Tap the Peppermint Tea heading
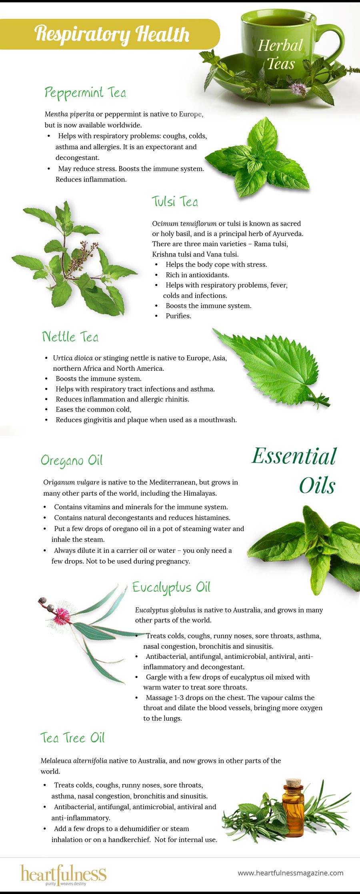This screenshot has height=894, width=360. point(85,93)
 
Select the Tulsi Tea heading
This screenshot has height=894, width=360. point(175,202)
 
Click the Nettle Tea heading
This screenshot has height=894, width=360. point(70,336)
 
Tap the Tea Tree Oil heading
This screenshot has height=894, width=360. point(72,738)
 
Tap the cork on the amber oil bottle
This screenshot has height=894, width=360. point(294,782)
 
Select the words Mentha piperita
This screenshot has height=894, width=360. point(70,114)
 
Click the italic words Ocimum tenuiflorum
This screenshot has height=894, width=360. point(184,224)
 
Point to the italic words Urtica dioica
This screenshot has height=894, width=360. point(73,358)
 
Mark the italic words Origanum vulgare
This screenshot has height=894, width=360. point(71,482)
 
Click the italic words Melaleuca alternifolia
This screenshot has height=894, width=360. point(74,761)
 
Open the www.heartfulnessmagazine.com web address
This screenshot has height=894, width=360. point(290,873)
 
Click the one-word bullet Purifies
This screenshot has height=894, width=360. point(178,316)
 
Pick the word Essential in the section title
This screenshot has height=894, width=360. point(294,456)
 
